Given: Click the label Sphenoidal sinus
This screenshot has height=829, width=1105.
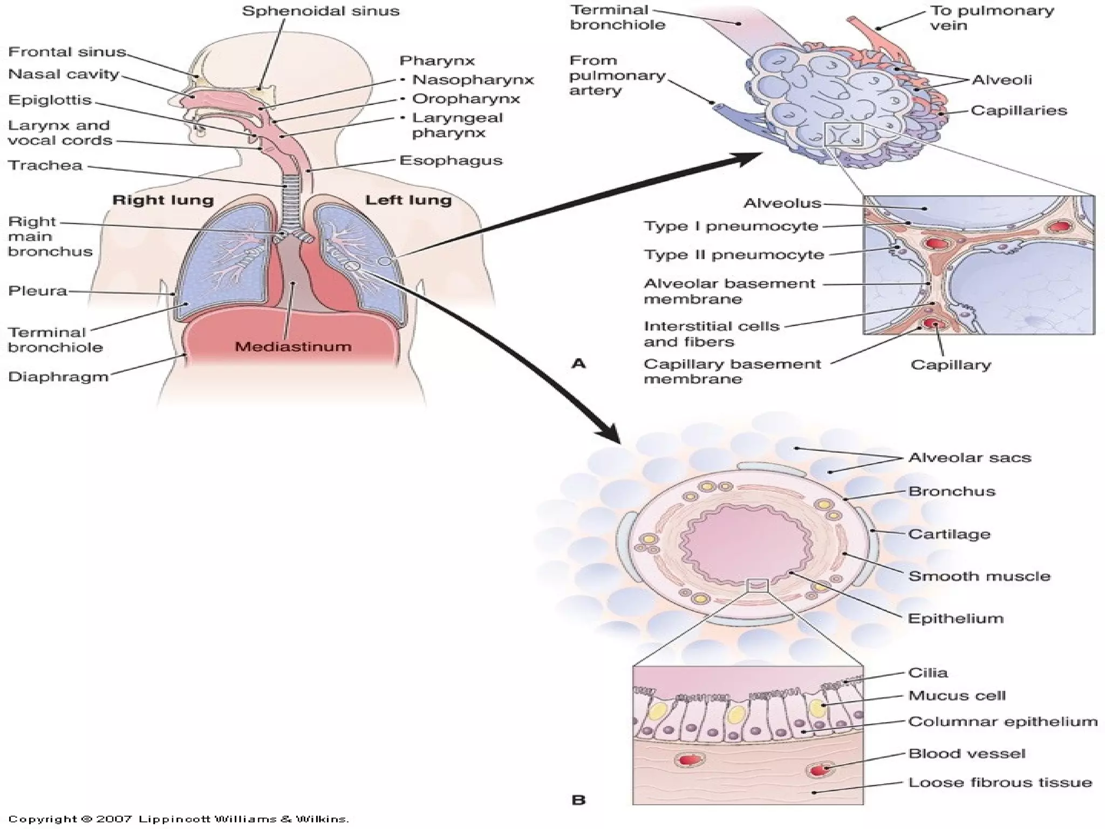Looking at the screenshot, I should click(x=320, y=11).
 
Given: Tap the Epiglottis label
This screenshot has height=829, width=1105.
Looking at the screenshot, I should click(x=50, y=100).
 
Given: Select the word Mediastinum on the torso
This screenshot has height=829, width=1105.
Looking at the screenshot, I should click(x=293, y=346).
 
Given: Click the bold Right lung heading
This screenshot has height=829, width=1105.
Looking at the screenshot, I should click(x=163, y=200).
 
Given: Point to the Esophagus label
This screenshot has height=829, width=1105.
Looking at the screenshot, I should click(x=451, y=161).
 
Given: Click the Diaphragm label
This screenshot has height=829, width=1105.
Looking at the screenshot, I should click(x=58, y=377).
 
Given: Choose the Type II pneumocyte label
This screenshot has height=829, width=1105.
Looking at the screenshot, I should click(x=734, y=255).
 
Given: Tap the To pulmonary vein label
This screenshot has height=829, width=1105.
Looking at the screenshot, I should click(x=992, y=18).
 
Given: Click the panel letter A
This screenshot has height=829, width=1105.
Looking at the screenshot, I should click(x=578, y=363).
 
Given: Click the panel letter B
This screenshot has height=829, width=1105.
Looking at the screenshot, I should click(x=578, y=800).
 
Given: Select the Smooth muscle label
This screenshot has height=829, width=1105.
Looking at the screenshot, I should click(x=979, y=576).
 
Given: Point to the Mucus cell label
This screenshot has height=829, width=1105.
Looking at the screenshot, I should click(x=957, y=696).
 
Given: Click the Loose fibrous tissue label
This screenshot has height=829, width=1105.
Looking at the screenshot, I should click(x=1000, y=783).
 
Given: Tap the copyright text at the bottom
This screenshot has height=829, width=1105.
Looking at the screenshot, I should click(x=179, y=819).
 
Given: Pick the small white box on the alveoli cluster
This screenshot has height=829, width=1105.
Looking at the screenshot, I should click(x=843, y=135).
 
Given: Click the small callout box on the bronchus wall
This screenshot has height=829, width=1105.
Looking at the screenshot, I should click(x=758, y=585).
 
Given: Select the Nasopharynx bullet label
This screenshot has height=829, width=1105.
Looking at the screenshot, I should click(x=473, y=80).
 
